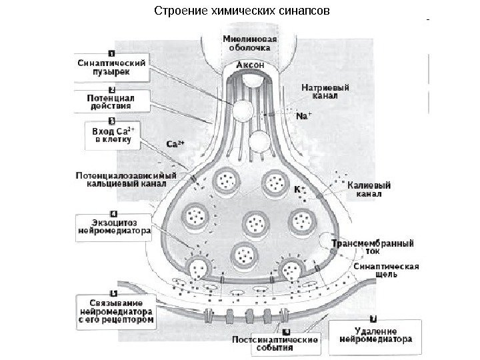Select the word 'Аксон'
coord(250,66)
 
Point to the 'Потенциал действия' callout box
coord(111,101)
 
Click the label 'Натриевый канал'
coord(324,91)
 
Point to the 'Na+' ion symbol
coord(302,116)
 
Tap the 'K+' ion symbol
coord(300,189)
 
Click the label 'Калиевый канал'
coord(369,191)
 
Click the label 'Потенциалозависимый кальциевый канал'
coord(126,179)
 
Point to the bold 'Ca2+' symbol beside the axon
coord(174,144)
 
